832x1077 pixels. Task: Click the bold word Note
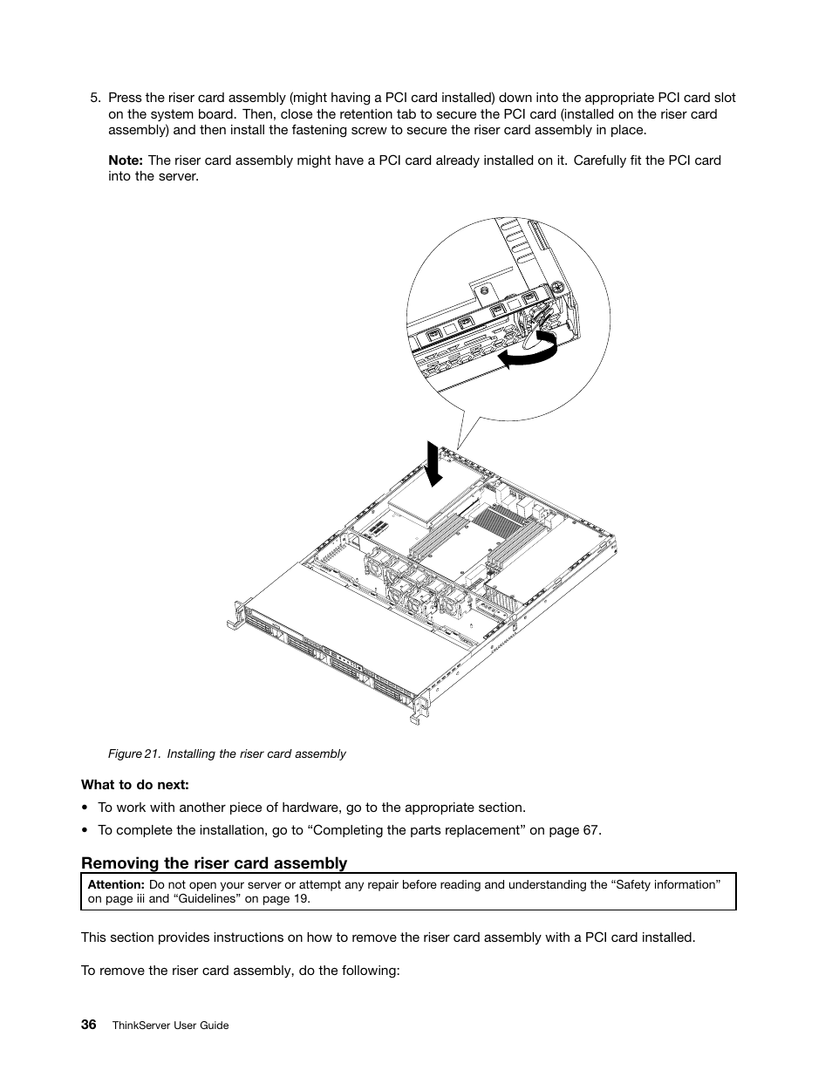(x=125, y=160)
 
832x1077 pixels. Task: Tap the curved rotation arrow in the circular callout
(x=529, y=352)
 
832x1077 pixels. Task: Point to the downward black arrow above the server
(x=433, y=461)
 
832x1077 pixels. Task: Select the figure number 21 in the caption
(x=151, y=753)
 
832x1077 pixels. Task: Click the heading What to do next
(x=135, y=785)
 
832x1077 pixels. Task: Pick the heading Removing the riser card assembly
(x=214, y=863)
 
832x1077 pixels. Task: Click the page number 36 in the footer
(x=89, y=1025)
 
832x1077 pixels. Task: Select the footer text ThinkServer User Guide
(x=171, y=1026)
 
